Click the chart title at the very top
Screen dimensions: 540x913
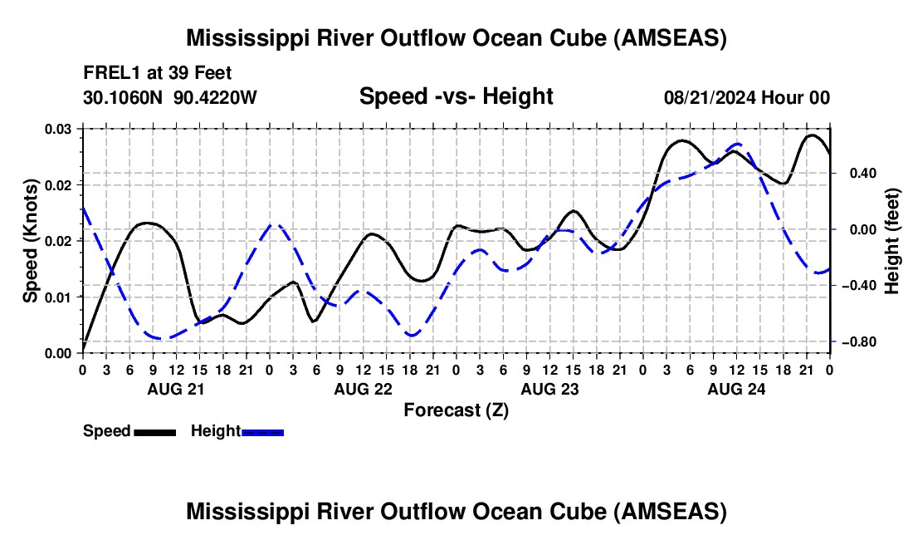click(x=456, y=38)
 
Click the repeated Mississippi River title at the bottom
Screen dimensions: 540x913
click(x=456, y=512)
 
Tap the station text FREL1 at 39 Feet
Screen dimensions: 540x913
click(x=158, y=74)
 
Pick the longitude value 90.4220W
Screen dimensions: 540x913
click(x=216, y=97)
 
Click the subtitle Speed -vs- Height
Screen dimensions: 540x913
click(x=456, y=96)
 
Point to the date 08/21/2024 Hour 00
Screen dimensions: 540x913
click(x=747, y=97)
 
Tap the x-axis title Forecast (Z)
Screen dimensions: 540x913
click(x=456, y=410)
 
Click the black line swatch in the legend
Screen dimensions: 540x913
click(x=154, y=431)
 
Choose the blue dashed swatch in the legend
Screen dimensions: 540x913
click(x=262, y=431)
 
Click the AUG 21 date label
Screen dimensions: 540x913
click(x=175, y=388)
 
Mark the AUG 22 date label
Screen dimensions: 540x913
click(x=363, y=388)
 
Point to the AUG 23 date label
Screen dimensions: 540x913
click(x=549, y=388)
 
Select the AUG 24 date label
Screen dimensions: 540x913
click(x=736, y=388)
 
